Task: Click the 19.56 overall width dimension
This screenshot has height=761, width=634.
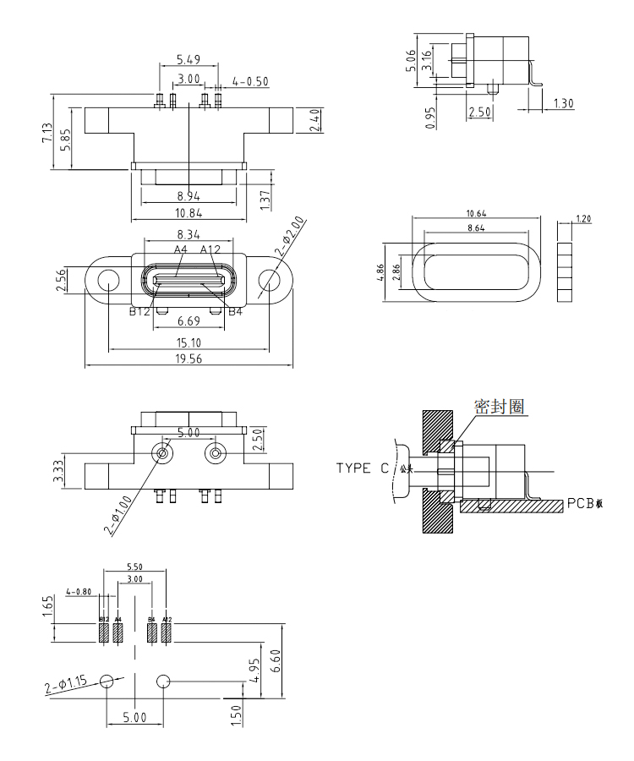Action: pyautogui.click(x=189, y=359)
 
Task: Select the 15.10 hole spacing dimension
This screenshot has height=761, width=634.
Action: pyautogui.click(x=189, y=342)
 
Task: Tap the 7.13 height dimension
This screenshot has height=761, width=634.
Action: pyautogui.click(x=46, y=134)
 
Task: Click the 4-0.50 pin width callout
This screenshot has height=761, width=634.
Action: pyautogui.click(x=250, y=81)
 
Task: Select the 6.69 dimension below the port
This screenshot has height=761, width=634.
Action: pyautogui.click(x=189, y=321)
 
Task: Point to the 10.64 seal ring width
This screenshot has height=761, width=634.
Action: pyautogui.click(x=476, y=212)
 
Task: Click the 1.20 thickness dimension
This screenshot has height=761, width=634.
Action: pyautogui.click(x=582, y=219)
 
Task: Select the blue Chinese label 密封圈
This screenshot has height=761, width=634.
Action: pyautogui.click(x=500, y=407)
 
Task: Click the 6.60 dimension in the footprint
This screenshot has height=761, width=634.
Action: pyautogui.click(x=288, y=655)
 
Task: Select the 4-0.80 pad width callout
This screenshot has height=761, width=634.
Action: pyautogui.click(x=79, y=591)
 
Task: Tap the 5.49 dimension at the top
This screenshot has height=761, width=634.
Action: pyautogui.click(x=189, y=60)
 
